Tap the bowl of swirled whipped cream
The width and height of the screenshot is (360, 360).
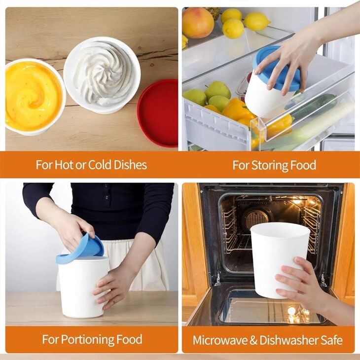coord(102,74)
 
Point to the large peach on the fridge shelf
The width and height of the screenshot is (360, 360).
coord(198,22)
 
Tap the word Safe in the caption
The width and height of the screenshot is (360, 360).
coord(330,340)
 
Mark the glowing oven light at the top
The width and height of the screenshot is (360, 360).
coord(297,201)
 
